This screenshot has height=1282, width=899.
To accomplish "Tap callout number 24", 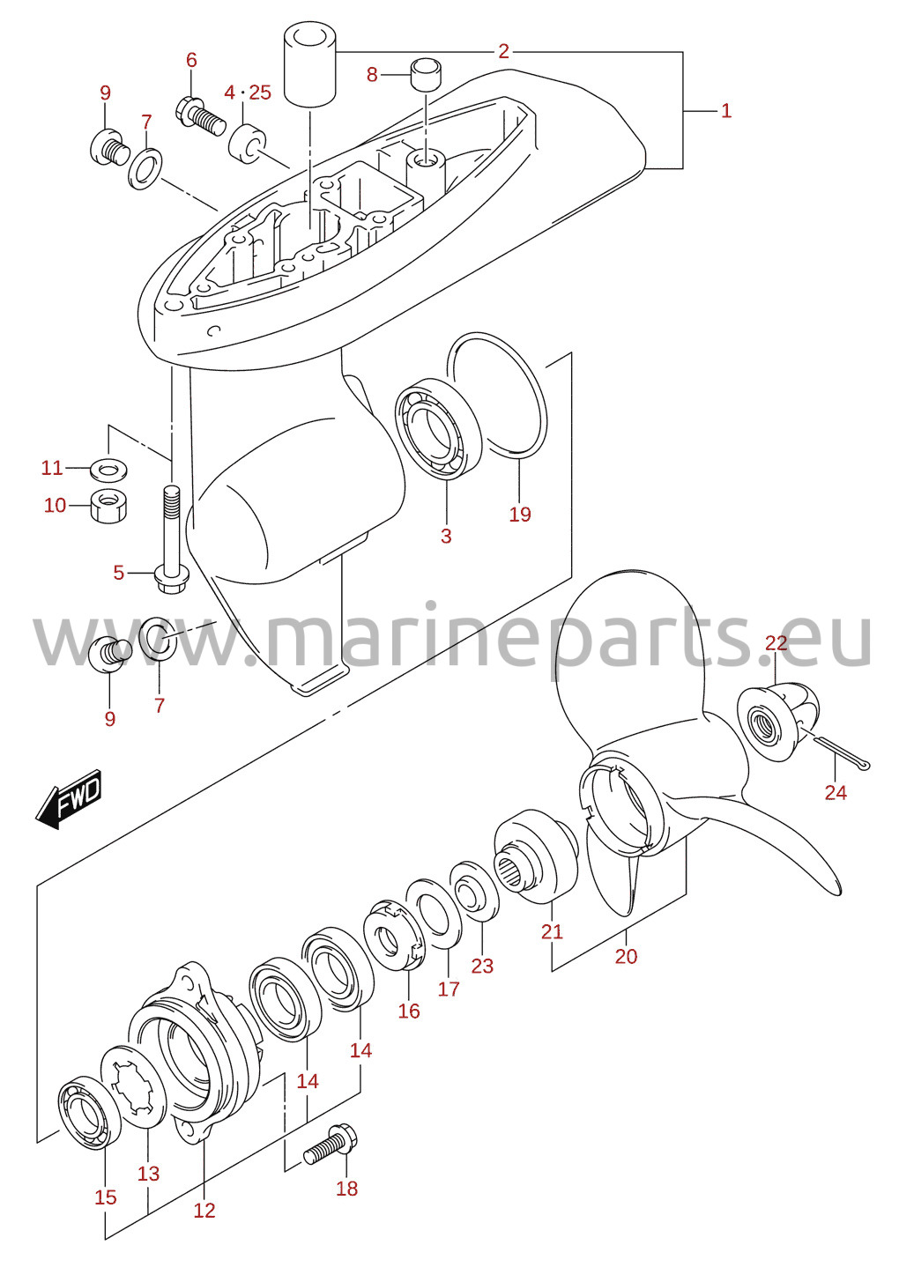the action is (836, 793).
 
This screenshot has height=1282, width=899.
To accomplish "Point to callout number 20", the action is (626, 956).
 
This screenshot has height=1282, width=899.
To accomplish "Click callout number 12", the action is (204, 1211).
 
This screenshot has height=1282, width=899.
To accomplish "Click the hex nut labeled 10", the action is (109, 506).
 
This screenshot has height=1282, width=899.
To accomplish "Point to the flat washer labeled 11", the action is (108, 471).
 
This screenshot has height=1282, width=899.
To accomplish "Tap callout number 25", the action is (261, 93).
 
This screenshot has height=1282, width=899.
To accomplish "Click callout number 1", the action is (726, 110).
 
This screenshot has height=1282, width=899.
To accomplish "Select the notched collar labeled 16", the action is (395, 936).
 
